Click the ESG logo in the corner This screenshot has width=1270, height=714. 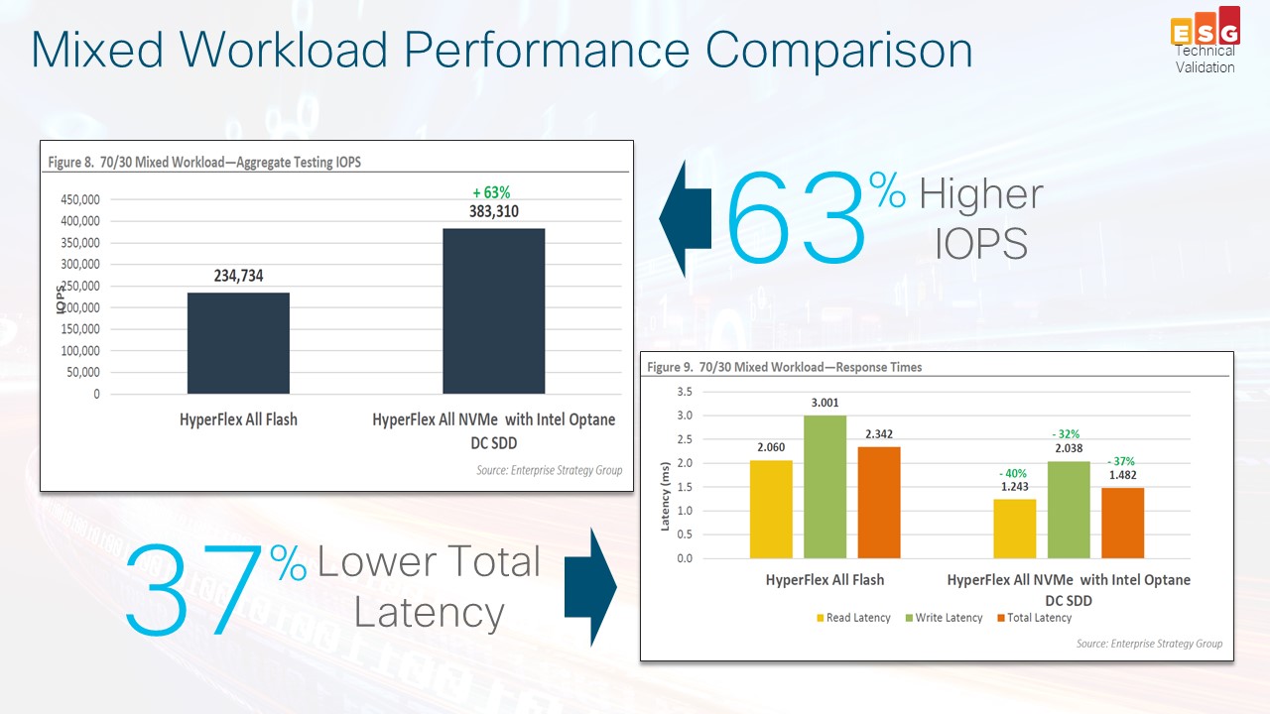[x=1205, y=29]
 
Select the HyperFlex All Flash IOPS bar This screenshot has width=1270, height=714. [x=238, y=343]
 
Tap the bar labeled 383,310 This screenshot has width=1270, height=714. [x=493, y=311]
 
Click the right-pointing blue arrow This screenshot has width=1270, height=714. [x=590, y=586]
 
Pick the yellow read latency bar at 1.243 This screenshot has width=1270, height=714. [x=1013, y=529]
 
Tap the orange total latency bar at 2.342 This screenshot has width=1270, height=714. [x=879, y=502]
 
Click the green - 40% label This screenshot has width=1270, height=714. [x=1013, y=473]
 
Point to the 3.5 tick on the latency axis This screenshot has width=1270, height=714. [x=685, y=392]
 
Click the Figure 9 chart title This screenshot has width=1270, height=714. [x=784, y=367]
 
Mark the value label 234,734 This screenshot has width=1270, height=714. [x=238, y=277]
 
